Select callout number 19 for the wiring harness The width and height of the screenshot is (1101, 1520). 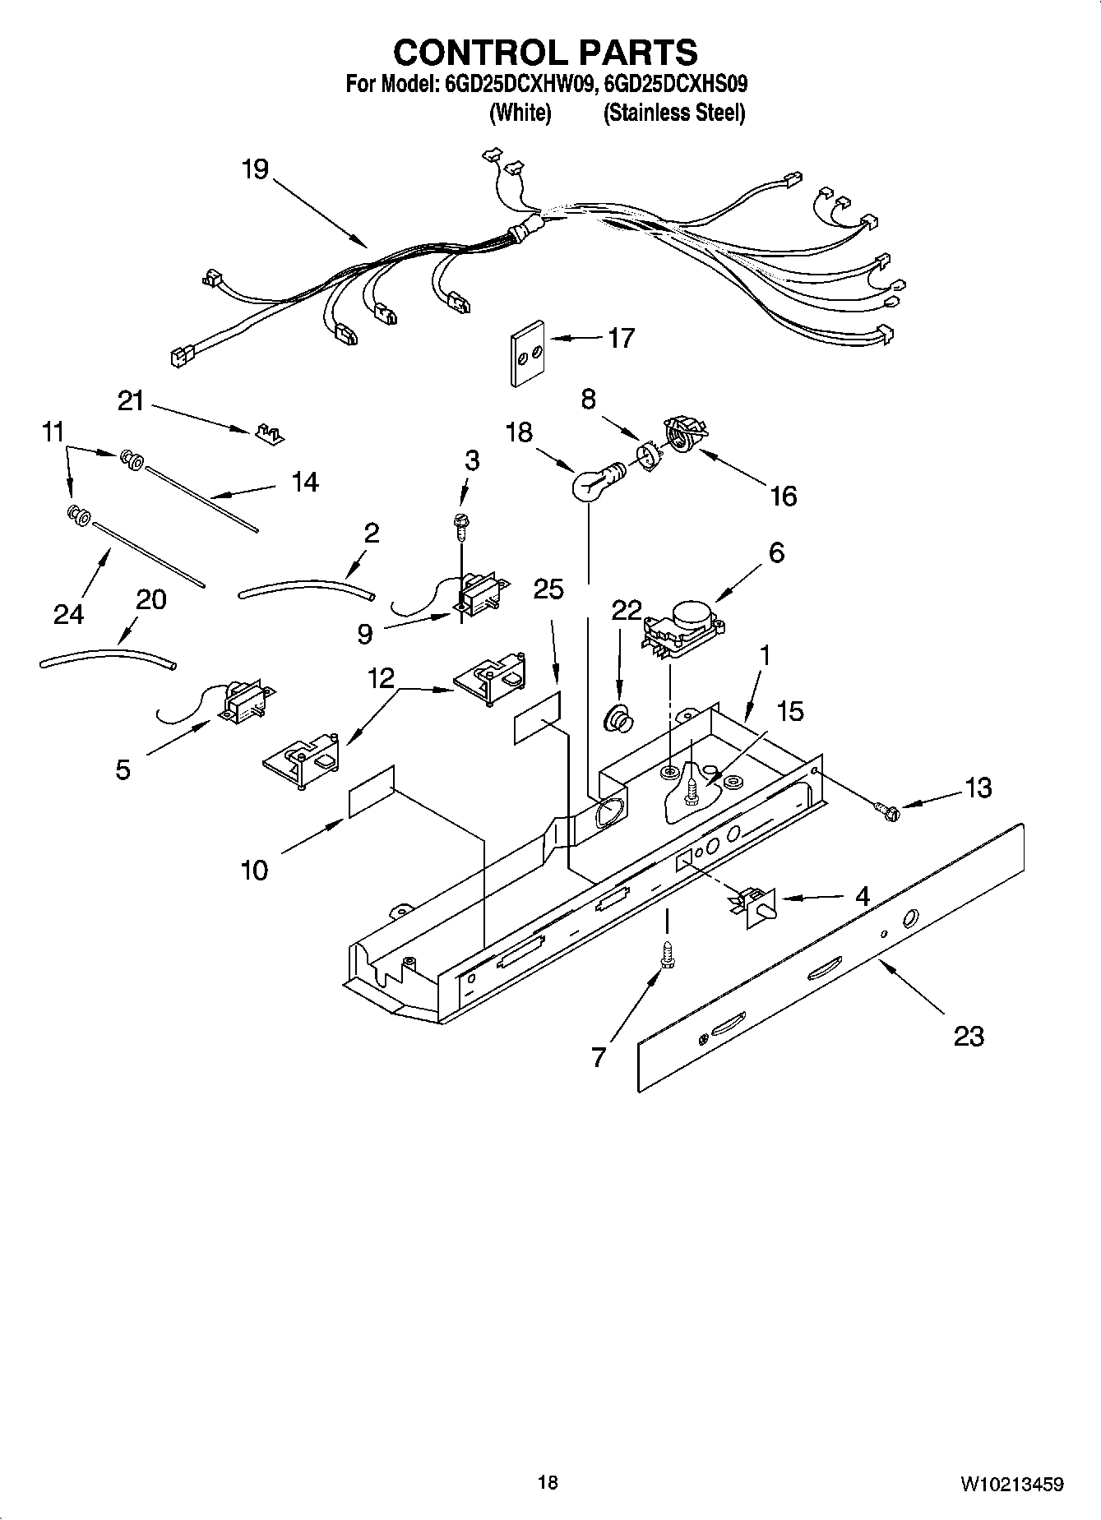[255, 169]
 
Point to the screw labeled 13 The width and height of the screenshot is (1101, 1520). [889, 811]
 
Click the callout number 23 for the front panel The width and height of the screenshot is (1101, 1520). [968, 1036]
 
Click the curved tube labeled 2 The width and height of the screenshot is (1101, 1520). [306, 586]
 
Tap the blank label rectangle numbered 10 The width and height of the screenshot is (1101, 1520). [372, 791]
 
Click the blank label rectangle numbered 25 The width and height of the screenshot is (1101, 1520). [538, 718]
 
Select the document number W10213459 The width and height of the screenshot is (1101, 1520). [1011, 1484]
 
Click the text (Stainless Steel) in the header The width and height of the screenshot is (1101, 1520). [673, 113]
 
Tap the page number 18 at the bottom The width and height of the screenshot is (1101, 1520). [548, 1482]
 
